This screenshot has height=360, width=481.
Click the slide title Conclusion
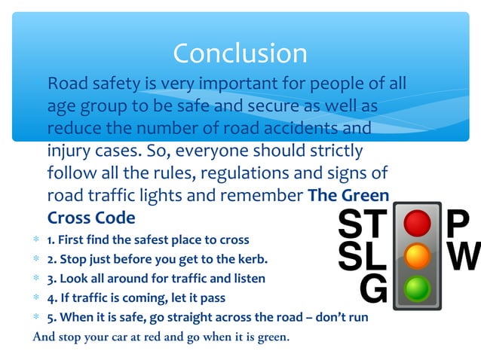[x=240, y=53]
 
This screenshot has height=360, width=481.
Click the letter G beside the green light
[x=373, y=289]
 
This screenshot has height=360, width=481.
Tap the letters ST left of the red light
[x=361, y=224]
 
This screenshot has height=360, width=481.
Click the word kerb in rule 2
[x=252, y=260]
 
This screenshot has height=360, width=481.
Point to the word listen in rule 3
[x=247, y=279]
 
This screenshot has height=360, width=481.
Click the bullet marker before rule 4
[x=35, y=297]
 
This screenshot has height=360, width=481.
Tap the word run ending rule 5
[x=358, y=317]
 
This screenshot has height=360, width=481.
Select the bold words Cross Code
[x=91, y=218]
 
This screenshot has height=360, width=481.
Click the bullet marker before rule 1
[x=35, y=241]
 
